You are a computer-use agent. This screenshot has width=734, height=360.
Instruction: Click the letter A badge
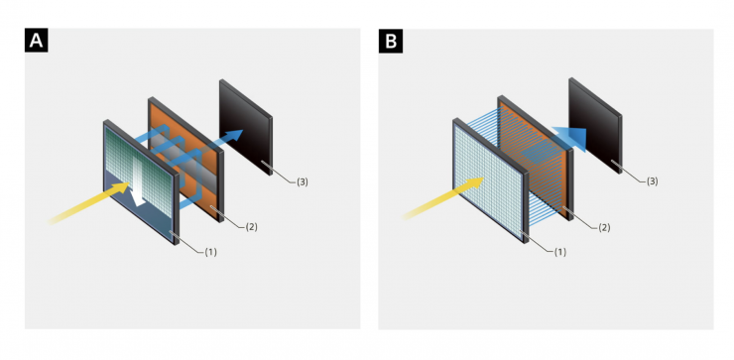(36, 41)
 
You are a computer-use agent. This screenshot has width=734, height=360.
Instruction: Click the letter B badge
(391, 42)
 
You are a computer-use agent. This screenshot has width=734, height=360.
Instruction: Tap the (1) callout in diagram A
(210, 252)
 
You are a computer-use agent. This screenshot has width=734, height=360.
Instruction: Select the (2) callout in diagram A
(251, 227)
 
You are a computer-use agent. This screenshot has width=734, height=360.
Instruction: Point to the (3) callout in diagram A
(303, 182)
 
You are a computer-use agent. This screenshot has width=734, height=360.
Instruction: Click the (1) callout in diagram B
(559, 252)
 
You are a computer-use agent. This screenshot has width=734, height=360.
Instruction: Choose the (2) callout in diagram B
(604, 227)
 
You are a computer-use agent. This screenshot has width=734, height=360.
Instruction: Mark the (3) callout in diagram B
(652, 181)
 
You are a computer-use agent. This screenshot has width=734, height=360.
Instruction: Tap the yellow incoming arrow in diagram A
(89, 202)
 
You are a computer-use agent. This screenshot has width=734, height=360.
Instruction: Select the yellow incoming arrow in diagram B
(442, 198)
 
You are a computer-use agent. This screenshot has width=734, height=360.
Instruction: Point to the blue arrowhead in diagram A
(233, 135)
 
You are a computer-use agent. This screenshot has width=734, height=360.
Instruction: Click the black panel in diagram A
(246, 127)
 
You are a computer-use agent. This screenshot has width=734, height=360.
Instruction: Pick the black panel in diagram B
(595, 126)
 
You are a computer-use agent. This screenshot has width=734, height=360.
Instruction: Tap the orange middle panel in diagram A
(185, 159)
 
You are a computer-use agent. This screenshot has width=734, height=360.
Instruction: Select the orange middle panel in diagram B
(535, 158)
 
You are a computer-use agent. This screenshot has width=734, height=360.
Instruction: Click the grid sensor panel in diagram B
(490, 180)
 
